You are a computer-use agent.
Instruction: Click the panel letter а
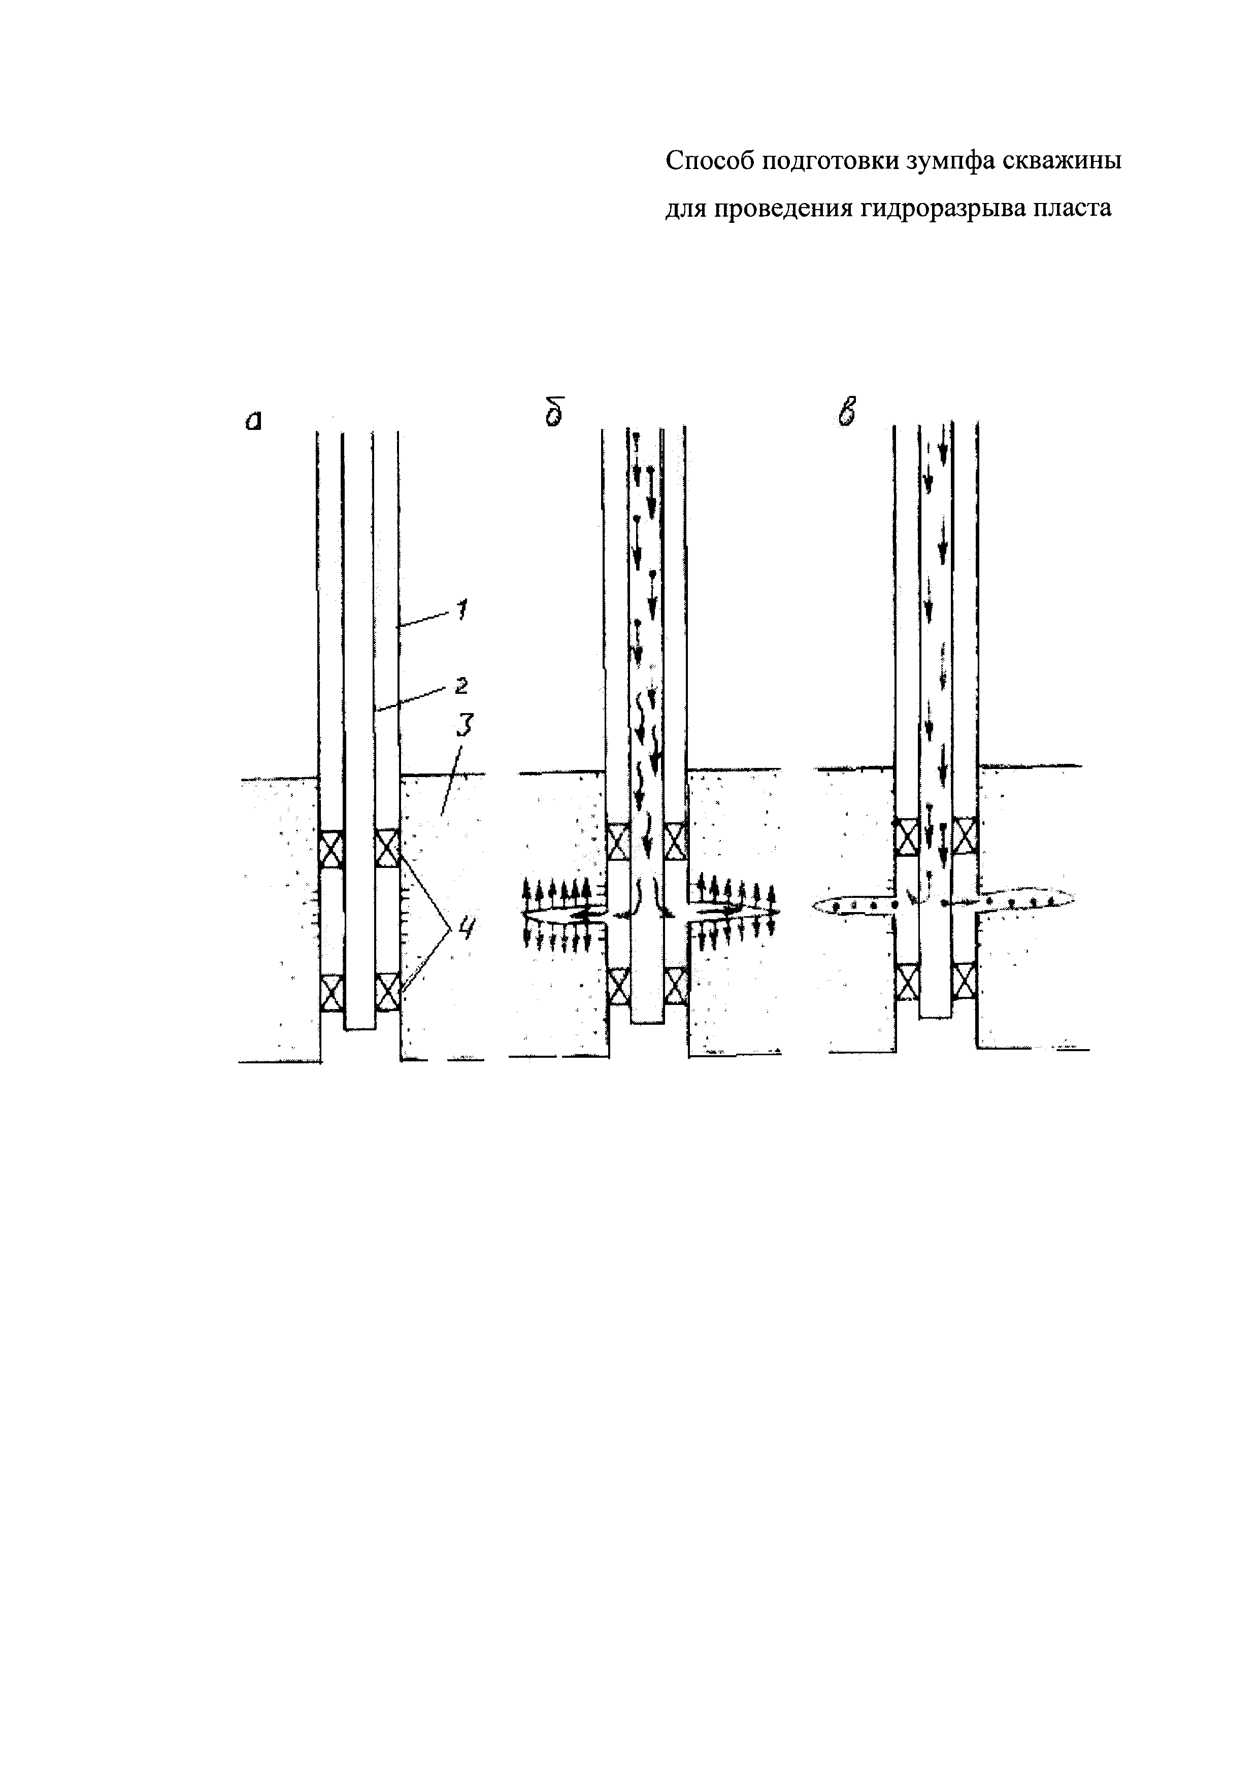(253, 420)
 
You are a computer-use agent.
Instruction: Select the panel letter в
(849, 411)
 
